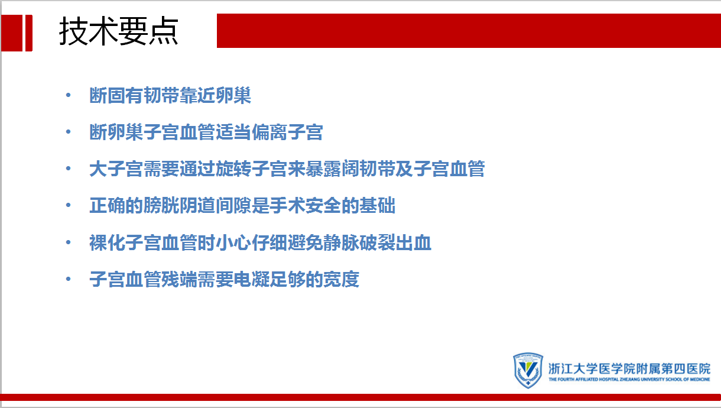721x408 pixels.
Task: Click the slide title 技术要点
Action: pos(118,31)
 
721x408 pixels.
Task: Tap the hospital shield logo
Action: pos(528,370)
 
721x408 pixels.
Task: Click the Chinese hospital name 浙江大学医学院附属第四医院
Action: pos(629,369)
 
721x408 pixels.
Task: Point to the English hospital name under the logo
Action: pos(629,380)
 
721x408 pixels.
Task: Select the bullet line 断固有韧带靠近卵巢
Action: pos(170,95)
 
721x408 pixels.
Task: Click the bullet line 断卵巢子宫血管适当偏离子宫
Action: pos(206,132)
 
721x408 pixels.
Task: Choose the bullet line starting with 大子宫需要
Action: pos(287,169)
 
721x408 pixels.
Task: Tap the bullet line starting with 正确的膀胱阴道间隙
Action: pos(242,205)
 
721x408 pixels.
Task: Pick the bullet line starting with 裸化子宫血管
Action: pos(260,242)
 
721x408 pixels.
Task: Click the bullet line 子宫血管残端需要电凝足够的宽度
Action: pos(224,279)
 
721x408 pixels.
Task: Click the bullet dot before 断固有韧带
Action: pos(68,95)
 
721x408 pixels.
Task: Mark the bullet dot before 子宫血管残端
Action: pos(68,279)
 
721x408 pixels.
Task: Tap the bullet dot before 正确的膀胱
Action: pos(68,205)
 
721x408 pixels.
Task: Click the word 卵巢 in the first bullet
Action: pos(233,95)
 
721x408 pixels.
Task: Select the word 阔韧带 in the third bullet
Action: pos(368,169)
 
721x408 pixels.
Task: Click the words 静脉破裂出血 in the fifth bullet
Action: pos(377,242)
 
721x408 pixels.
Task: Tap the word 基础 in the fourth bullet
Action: pos(377,205)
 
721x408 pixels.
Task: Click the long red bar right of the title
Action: pos(469,31)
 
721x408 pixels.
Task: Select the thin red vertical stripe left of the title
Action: pos(29,33)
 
